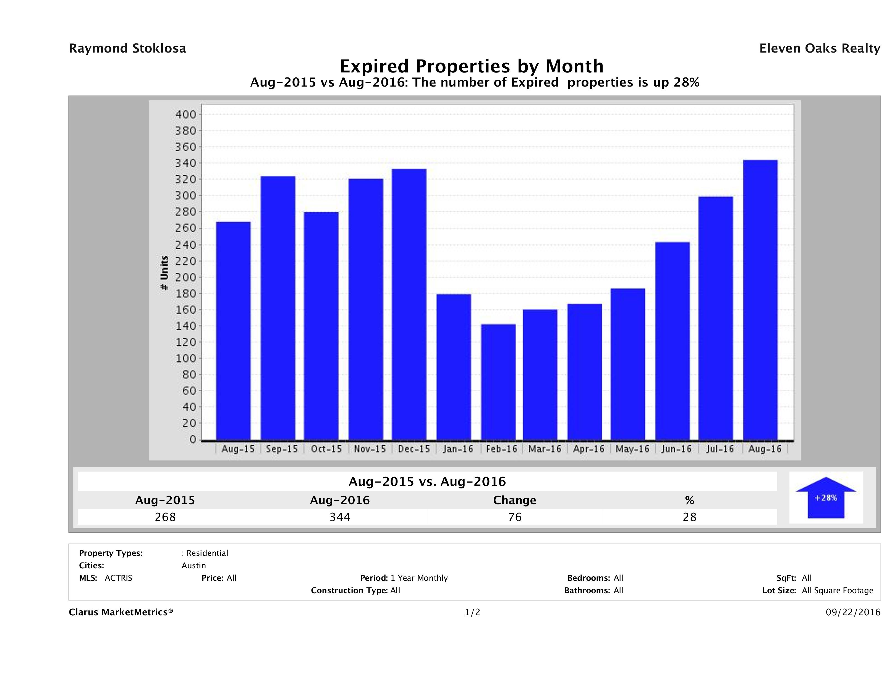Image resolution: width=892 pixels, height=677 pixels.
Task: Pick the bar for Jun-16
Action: tap(672, 341)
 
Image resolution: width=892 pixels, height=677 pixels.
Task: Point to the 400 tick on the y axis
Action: tap(185, 114)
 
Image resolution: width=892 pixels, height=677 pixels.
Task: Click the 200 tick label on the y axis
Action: tap(185, 278)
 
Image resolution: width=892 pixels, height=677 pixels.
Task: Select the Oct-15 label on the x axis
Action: tap(326, 449)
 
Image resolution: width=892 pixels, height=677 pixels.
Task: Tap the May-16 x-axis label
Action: tap(632, 449)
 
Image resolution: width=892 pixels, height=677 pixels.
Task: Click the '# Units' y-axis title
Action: tap(164, 273)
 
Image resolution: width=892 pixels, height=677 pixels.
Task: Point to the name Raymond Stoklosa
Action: tap(127, 48)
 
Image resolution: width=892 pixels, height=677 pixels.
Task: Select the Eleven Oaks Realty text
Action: tap(819, 48)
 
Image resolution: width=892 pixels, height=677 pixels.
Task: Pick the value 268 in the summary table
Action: tap(165, 517)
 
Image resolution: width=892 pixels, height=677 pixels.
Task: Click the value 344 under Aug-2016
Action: tap(340, 517)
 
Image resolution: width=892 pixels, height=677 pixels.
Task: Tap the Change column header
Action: tap(515, 500)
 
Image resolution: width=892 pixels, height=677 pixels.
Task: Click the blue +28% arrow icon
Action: tap(825, 498)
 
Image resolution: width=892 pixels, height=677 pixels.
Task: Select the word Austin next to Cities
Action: tap(193, 566)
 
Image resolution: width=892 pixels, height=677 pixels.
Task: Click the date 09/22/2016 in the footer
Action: tap(853, 613)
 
